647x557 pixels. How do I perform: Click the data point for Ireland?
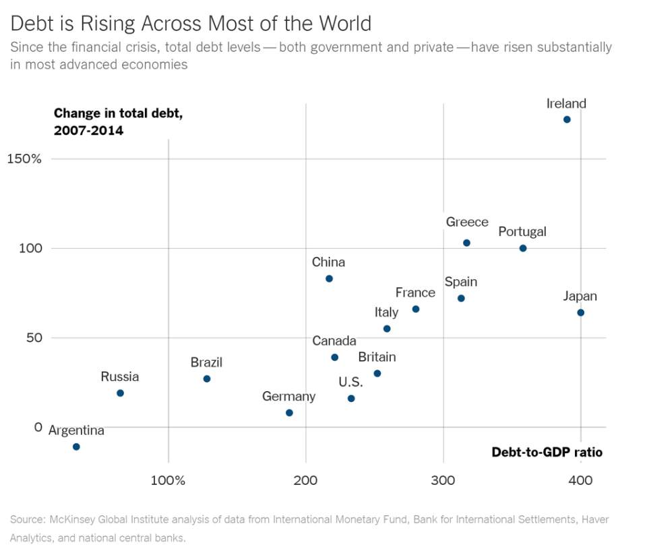567,119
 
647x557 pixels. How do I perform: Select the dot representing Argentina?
76,446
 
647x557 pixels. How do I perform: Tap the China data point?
329,278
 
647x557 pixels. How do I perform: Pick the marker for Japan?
580,312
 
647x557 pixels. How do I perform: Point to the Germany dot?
289,413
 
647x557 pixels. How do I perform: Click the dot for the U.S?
351,399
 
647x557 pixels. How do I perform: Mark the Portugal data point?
523,248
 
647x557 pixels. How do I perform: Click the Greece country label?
467,223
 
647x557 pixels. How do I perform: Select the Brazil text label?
206,363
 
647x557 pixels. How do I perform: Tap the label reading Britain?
377,357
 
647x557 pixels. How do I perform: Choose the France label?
415,293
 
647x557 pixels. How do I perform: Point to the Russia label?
120,377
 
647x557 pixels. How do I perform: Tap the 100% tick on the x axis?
168,480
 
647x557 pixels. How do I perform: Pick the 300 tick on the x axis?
443,480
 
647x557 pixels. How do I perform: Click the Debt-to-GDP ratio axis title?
547,452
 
